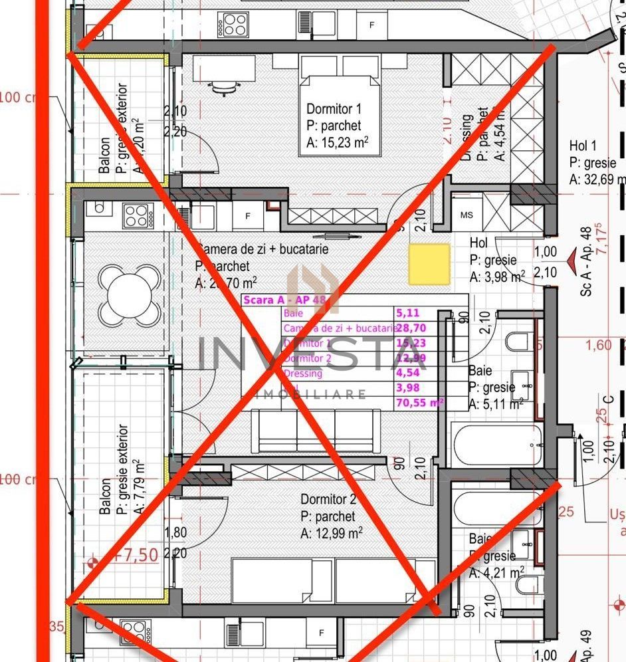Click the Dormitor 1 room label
pyautogui.click(x=334, y=109)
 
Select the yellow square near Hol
pyautogui.click(x=429, y=264)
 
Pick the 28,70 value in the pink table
pyautogui.click(x=410, y=328)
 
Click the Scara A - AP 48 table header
pyautogui.click(x=284, y=300)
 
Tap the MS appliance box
pyautogui.click(x=467, y=215)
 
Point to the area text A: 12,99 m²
pyautogui.click(x=332, y=533)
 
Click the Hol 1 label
pyautogui.click(x=583, y=146)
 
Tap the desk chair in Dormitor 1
pyautogui.click(x=223, y=86)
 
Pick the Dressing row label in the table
pyautogui.click(x=302, y=374)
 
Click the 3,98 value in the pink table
pyautogui.click(x=408, y=387)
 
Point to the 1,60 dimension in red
pyautogui.click(x=599, y=346)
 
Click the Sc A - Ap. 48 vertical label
pyautogui.click(x=586, y=263)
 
